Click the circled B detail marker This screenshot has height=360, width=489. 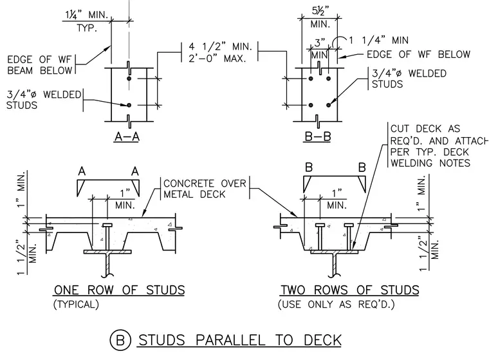pos(120,339)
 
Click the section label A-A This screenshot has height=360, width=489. pos(127,137)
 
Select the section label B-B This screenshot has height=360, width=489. pos(317,137)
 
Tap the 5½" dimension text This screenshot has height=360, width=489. pos(320,12)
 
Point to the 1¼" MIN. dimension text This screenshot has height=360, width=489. pos(86,15)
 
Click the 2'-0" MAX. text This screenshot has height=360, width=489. pos(217,58)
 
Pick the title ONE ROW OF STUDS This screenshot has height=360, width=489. pos(120,290)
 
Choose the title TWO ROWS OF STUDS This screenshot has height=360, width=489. pos(350,290)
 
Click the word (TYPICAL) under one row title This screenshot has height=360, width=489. pos(76,304)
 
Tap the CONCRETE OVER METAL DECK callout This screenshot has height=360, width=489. pos(205,189)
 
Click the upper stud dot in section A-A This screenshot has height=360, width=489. pos(129,78)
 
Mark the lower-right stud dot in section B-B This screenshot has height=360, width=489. pos(328,105)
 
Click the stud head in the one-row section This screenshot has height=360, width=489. pos(107,225)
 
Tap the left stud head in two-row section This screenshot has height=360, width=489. pos(320,225)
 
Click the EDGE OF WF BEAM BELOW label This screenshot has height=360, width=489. pos(40,65)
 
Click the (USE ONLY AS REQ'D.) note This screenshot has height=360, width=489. pos(336,304)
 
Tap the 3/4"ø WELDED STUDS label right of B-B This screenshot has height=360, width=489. pos(409,79)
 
